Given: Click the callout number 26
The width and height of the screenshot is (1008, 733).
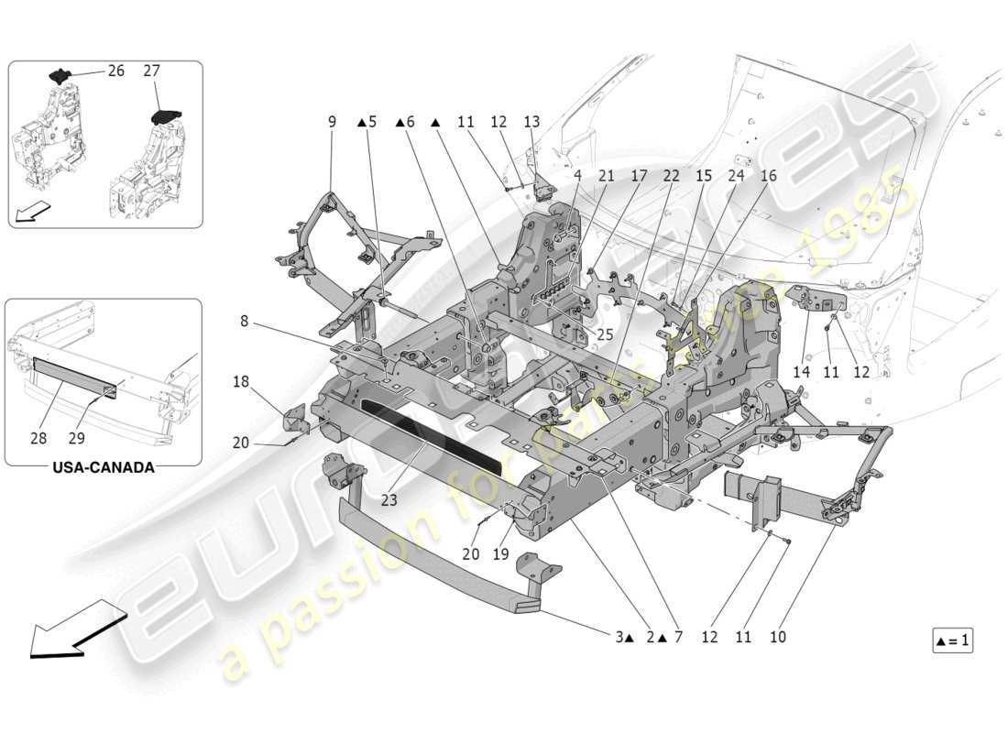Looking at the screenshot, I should click(x=115, y=71).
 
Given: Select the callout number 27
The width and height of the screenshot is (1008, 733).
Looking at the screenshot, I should click(x=153, y=71).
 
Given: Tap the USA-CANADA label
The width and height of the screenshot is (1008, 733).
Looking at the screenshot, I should click(x=104, y=467).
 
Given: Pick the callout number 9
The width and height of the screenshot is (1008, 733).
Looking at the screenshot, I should click(x=332, y=121).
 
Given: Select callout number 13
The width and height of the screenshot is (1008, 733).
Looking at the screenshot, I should click(x=531, y=121).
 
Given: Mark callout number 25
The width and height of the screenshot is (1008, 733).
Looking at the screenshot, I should click(x=605, y=335).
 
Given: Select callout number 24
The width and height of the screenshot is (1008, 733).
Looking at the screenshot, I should click(x=736, y=175).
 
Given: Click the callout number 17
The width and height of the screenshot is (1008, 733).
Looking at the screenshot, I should click(x=639, y=175).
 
